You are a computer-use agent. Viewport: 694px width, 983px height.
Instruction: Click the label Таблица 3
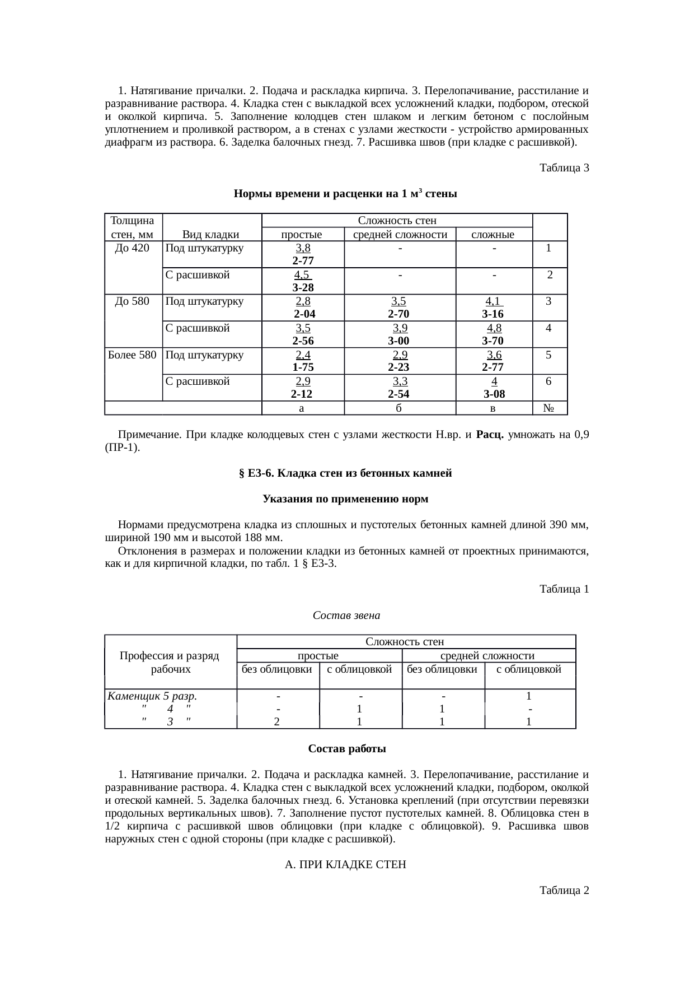tap(564, 168)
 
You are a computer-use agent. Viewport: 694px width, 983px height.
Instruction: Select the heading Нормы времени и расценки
tap(345, 194)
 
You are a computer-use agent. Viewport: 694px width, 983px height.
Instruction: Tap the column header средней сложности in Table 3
tap(400, 235)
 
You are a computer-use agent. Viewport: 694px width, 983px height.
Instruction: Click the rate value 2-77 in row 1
tap(303, 261)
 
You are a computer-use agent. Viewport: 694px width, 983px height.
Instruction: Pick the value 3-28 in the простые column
tap(303, 288)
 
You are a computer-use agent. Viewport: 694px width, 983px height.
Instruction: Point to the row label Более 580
tap(132, 355)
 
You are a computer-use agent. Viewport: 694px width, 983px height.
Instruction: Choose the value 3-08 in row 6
tap(493, 394)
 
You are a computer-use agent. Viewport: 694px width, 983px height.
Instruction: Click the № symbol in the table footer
tap(549, 408)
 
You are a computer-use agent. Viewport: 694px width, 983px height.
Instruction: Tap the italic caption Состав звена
tap(346, 616)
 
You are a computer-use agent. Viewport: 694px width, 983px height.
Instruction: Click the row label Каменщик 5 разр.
tap(152, 697)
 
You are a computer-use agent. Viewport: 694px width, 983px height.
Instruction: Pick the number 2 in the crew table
tap(277, 722)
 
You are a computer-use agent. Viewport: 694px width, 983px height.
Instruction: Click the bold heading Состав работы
tap(346, 749)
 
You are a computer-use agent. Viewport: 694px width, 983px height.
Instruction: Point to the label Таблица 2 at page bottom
tap(564, 891)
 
